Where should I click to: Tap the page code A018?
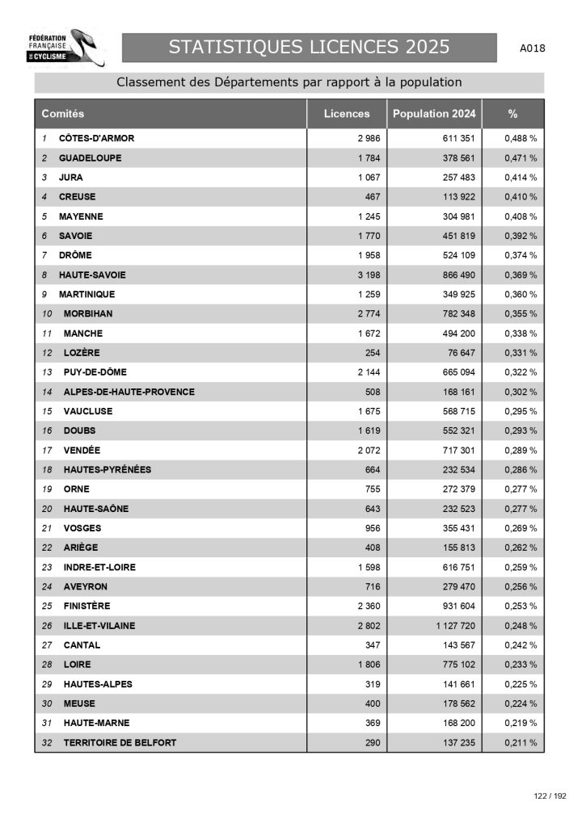(533, 48)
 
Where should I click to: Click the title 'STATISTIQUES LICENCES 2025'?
(309, 48)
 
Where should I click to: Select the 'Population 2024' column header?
(434, 114)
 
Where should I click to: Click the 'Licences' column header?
(347, 114)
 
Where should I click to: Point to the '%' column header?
(512, 114)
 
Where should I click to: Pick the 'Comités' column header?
(63, 114)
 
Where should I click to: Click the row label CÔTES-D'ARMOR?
(96, 138)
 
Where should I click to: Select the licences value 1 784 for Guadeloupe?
(368, 157)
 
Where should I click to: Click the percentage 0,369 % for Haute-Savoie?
(521, 275)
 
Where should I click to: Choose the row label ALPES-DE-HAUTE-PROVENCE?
(129, 392)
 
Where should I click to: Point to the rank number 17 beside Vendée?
(47, 450)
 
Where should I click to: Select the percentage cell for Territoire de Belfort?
(521, 742)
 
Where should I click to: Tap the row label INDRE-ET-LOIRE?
(99, 567)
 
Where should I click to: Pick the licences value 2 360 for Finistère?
(368, 606)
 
